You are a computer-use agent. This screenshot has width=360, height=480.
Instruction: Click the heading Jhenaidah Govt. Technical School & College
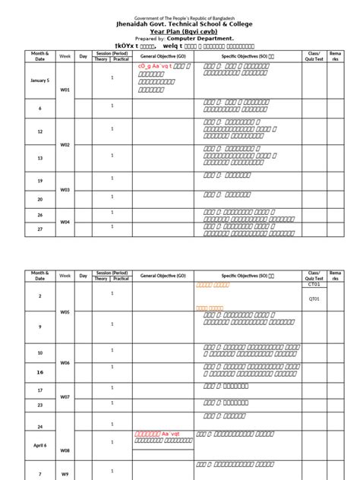pyautogui.click(x=179, y=24)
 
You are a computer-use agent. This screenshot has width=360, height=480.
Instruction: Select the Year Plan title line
pyautogui.click(x=180, y=32)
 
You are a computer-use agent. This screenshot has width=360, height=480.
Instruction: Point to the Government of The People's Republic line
pyautogui.click(x=180, y=16)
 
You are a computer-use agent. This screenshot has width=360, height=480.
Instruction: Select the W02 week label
pyautogui.click(x=65, y=144)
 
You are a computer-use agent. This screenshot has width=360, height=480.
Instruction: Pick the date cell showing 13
pyautogui.click(x=39, y=157)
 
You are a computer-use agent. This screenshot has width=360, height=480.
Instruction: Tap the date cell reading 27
pyautogui.click(x=39, y=227)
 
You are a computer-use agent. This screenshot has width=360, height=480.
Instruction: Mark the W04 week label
pyautogui.click(x=65, y=221)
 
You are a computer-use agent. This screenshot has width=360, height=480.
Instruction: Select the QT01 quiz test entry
pyautogui.click(x=314, y=298)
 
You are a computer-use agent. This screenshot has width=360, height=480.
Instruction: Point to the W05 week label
pyautogui.click(x=65, y=311)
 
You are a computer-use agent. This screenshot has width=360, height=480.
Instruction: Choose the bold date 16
pyautogui.click(x=39, y=372)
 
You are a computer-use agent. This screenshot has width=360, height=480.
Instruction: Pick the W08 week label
pyautogui.click(x=65, y=450)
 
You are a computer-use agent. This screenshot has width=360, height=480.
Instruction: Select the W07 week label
pyautogui.click(x=65, y=397)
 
